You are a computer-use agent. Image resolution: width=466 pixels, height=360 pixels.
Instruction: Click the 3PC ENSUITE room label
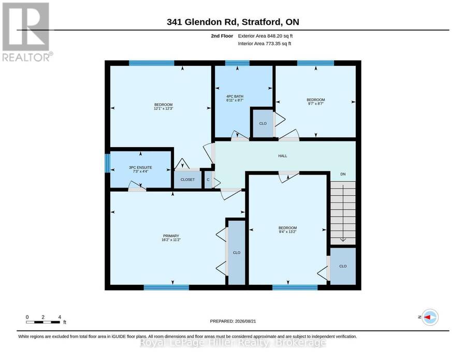(x=140, y=168)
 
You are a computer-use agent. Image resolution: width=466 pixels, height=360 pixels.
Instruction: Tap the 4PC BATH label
(x=235, y=96)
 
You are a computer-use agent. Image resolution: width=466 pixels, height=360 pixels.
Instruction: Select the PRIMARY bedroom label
(x=171, y=236)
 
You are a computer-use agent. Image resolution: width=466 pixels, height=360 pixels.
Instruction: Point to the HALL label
(x=283, y=156)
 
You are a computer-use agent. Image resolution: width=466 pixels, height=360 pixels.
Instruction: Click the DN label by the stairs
(x=343, y=174)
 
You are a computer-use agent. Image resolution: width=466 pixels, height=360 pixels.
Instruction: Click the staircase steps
(x=343, y=213)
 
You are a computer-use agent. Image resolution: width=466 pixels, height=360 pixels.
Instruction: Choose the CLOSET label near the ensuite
(x=187, y=180)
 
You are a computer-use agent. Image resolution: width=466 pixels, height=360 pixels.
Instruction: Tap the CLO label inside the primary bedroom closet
(x=237, y=253)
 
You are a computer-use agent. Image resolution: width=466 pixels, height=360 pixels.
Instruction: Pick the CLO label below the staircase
(x=343, y=266)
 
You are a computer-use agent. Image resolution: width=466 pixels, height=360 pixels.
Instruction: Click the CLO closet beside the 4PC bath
(x=263, y=123)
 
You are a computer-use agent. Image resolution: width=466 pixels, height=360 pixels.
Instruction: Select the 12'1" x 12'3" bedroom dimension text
(x=164, y=108)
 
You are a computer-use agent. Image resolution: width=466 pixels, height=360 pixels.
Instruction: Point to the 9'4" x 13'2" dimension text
(x=287, y=232)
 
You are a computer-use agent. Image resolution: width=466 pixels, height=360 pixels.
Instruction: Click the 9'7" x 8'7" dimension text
(x=316, y=104)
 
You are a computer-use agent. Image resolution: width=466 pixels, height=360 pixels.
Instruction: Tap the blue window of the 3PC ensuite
(x=108, y=163)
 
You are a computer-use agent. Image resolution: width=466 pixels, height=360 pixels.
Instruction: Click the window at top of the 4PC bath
(x=237, y=63)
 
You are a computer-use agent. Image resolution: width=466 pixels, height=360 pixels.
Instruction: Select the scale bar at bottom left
(x=43, y=322)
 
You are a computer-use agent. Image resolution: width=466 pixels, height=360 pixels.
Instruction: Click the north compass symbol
(x=430, y=317)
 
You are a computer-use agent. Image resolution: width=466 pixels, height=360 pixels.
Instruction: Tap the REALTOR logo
(x=27, y=32)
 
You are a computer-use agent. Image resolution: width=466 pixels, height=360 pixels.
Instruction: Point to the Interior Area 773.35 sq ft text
(x=265, y=44)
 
